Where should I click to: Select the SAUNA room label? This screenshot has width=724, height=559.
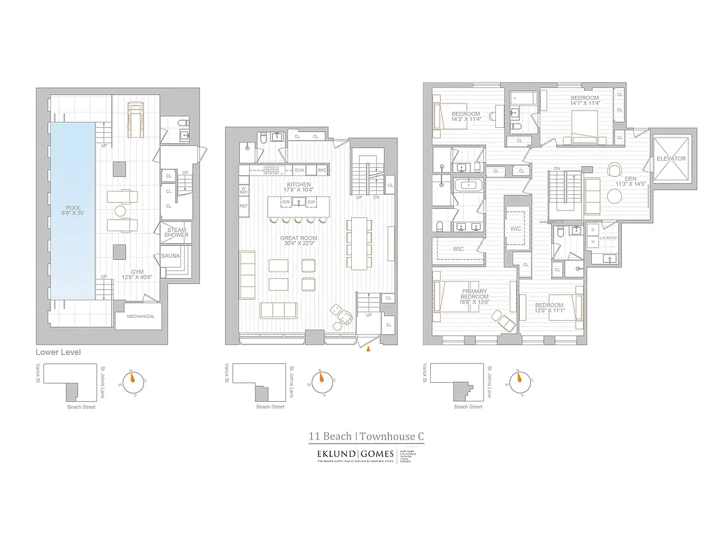[171, 256]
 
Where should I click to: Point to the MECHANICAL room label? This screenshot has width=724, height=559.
[140, 317]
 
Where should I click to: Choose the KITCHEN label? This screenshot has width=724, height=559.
[298, 184]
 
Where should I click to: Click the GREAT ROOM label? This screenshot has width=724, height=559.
[299, 238]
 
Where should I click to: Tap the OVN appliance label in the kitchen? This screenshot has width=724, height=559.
[299, 170]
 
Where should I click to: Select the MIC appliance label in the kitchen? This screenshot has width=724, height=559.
[322, 170]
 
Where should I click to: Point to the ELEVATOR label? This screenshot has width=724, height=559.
[671, 159]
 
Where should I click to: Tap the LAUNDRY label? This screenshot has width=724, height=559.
[609, 238]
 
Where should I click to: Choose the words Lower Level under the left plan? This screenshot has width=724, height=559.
[58, 352]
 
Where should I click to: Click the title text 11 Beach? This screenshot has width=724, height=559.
[330, 437]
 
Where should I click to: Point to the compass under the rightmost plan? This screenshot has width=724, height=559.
[518, 382]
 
